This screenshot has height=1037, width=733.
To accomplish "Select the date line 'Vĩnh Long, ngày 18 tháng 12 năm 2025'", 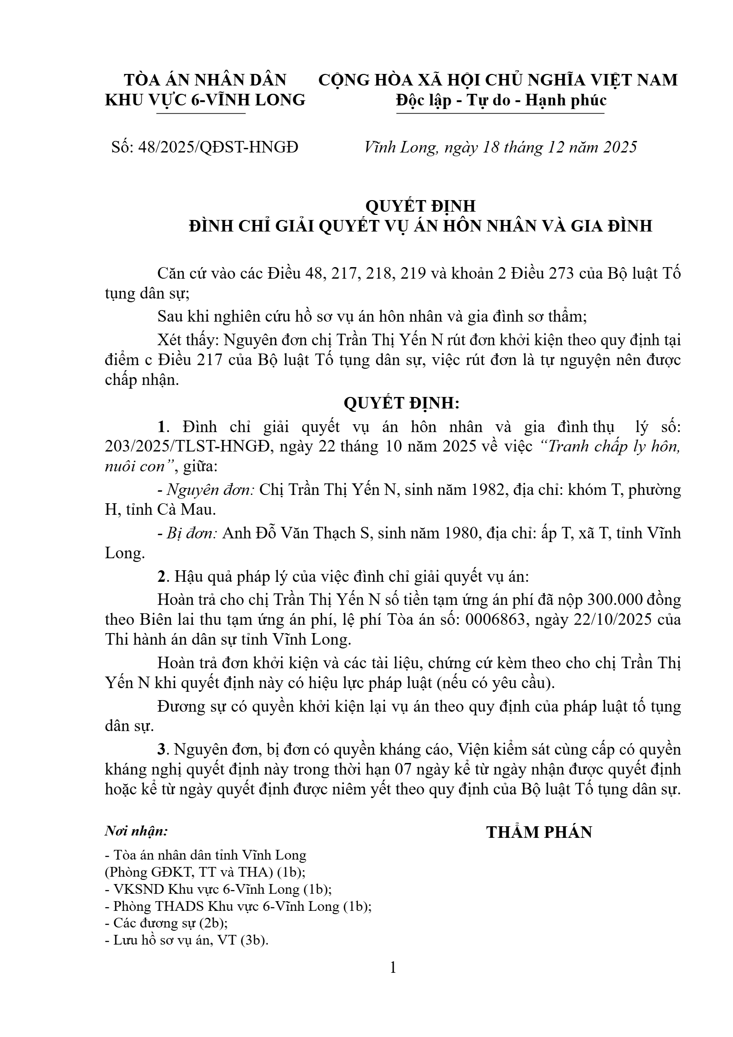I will pos(501,147).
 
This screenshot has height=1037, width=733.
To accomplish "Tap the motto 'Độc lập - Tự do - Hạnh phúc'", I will pos(501,100).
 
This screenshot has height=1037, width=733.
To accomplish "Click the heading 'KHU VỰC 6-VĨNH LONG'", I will pos(205,100).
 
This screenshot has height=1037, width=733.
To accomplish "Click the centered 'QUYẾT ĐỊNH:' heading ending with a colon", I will pos(402,403).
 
